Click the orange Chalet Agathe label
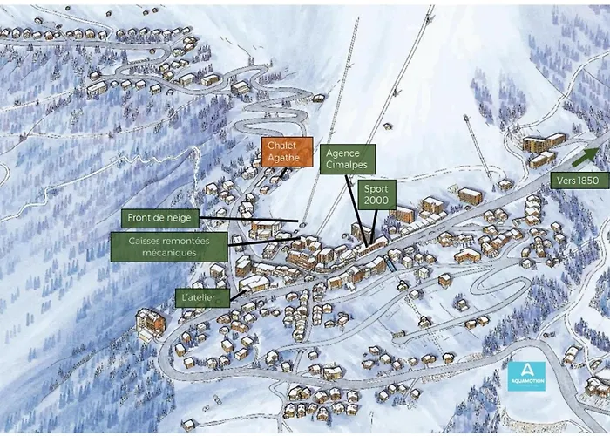(288, 151)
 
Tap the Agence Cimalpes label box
(347, 159)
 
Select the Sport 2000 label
(376, 194)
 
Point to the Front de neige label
(160, 217)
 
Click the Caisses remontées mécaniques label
(168, 245)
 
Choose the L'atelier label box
(201, 297)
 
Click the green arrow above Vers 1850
(585, 157)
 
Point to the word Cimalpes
(347, 165)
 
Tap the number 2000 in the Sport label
(376, 201)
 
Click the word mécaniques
(168, 252)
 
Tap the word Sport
(376, 187)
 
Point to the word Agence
(342, 153)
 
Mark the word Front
(140, 217)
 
